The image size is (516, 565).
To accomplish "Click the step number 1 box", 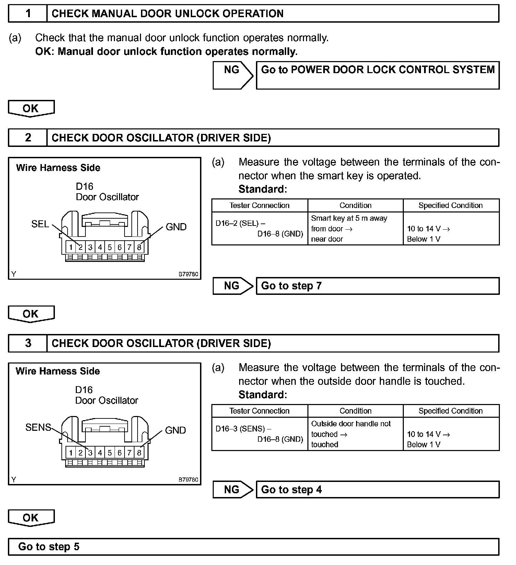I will (x=28, y=14).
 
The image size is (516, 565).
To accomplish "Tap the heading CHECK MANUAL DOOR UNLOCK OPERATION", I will (x=167, y=14).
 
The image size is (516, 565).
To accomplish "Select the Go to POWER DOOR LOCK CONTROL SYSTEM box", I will (x=377, y=75).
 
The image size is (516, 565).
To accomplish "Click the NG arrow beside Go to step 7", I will (x=232, y=286).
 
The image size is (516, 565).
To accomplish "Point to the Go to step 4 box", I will (x=377, y=489).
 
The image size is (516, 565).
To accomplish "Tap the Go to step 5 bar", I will (x=253, y=546).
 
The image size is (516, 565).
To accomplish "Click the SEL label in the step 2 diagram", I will (x=40, y=224).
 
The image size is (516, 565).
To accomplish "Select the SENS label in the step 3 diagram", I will (x=38, y=427).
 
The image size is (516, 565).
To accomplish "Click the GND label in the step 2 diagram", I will (x=176, y=227).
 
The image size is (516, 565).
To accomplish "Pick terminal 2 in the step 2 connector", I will (x=81, y=247).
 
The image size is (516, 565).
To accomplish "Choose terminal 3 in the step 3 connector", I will (x=90, y=453).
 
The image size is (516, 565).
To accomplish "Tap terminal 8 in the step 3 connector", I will (x=139, y=453).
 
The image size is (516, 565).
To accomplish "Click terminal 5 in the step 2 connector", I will (x=110, y=247).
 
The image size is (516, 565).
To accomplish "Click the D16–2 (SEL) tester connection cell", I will (x=259, y=229).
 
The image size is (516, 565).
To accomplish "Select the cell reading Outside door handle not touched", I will (x=355, y=434).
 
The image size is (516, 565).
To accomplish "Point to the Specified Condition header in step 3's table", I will (x=450, y=411).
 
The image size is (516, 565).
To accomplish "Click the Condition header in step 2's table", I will (x=355, y=205).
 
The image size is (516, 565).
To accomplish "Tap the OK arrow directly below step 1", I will (x=31, y=108).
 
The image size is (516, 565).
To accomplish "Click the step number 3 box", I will (x=28, y=343).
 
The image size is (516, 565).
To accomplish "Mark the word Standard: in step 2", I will (x=262, y=189).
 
